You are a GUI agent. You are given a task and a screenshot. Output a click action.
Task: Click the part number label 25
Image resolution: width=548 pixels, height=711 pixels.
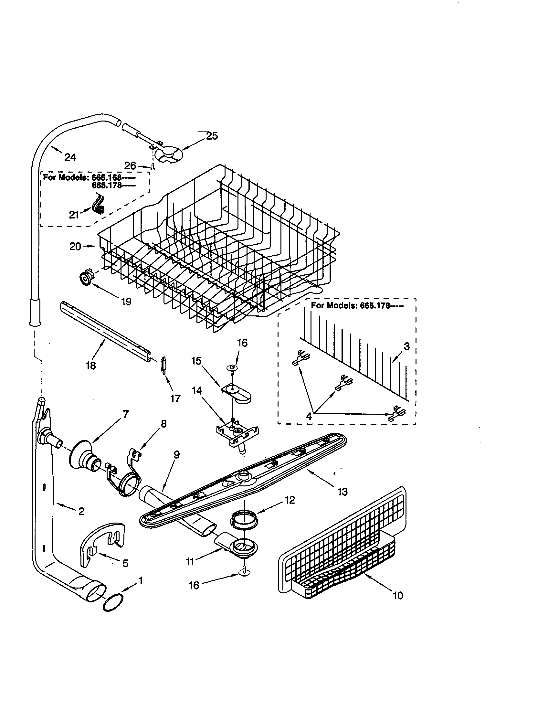212,136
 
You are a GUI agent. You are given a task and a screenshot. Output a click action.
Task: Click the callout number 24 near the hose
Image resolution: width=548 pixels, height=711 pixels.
70,158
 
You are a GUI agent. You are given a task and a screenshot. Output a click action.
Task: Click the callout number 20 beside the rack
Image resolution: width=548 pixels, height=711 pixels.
75,247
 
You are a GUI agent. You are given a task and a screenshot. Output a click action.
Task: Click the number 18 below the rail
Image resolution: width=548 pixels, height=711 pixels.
91,366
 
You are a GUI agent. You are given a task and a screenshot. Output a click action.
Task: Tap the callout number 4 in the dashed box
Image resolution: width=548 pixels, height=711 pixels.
308,416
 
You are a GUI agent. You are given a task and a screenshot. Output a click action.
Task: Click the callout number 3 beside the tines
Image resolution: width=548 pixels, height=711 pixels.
406,347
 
